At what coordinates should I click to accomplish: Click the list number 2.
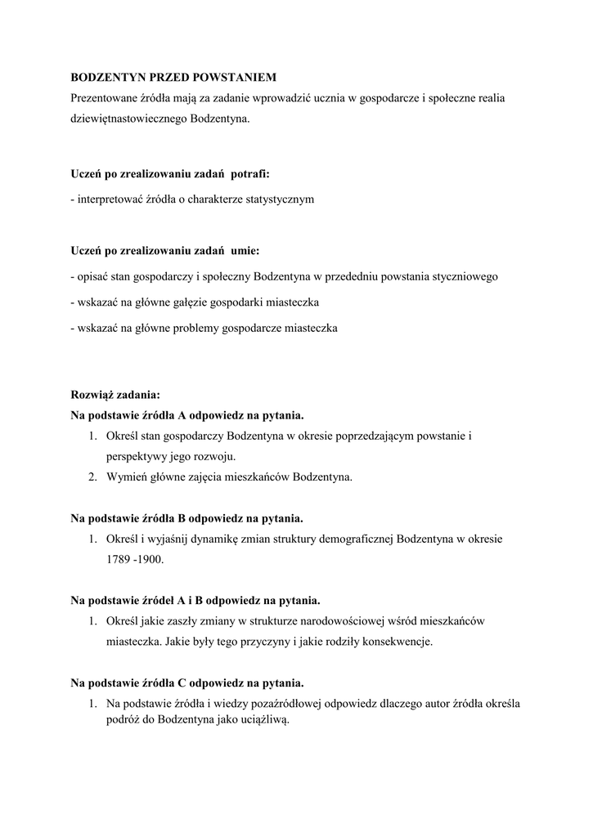(93, 477)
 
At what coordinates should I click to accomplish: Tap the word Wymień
(125, 477)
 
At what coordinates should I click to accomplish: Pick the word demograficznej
(354, 539)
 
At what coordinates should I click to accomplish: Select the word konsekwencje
(394, 642)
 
